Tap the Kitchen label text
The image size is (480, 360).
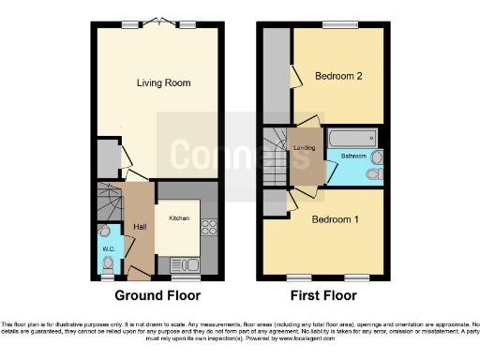point(179,218)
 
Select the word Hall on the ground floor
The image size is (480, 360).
point(139,226)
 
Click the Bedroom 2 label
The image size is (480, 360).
point(338,76)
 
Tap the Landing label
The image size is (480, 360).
point(304,146)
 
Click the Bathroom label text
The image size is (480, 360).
point(352,156)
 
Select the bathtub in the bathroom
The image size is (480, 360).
point(352,138)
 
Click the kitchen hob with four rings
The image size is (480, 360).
point(208,228)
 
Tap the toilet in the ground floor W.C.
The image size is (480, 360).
point(105,232)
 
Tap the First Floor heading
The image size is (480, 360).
point(322,295)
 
